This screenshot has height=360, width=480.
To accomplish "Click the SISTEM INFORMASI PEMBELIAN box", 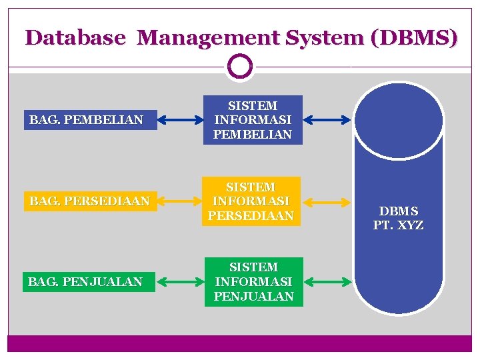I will click(253, 120).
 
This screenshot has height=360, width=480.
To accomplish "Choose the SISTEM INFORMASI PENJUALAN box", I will click(253, 282).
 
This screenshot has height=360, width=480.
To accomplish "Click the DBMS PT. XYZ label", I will click(398, 218).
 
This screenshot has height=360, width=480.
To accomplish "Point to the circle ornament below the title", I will click(240, 66).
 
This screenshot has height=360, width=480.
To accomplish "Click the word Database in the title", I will click(75, 37).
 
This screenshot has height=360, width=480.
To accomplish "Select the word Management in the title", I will click(209, 37).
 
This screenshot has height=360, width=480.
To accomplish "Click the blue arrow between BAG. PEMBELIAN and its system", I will click(180, 121).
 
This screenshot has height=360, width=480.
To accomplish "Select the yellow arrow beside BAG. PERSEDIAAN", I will click(180, 201).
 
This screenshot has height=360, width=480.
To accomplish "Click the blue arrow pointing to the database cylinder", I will click(327, 121).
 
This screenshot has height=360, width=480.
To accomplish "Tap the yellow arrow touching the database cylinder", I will click(327, 201).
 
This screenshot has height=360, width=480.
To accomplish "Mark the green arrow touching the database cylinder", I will click(327, 282).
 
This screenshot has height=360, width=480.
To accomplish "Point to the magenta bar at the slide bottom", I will click(240, 343).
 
